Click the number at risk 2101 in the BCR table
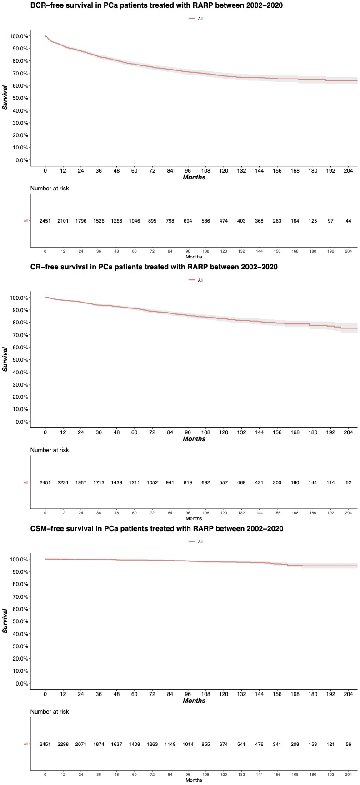pyautogui.click(x=63, y=221)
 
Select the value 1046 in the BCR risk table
pyautogui.click(x=134, y=221)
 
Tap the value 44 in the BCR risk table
pyautogui.click(x=348, y=221)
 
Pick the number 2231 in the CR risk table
pyautogui.click(x=63, y=482)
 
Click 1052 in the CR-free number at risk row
pyautogui.click(x=152, y=482)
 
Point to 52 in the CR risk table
pyautogui.click(x=348, y=482)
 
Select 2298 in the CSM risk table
pyautogui.click(x=63, y=744)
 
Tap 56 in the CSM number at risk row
pyautogui.click(x=348, y=744)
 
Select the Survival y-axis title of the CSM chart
pyautogui.click(x=6, y=621)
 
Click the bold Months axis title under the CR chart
pyautogui.click(x=194, y=439)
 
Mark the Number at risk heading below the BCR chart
pyautogui.click(x=50, y=189)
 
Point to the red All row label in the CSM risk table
pyautogui.click(x=26, y=744)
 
